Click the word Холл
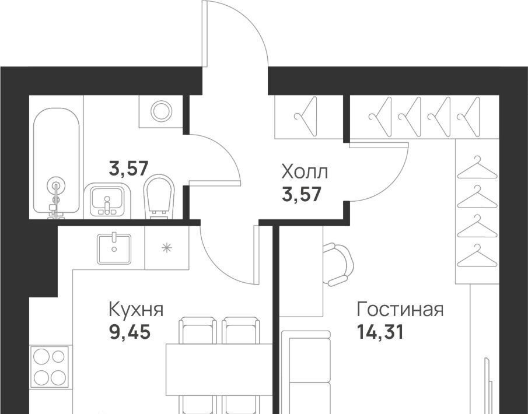pos(305,172)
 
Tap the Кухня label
pos(136,309)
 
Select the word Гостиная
pos(400,309)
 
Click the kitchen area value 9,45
pos(130,332)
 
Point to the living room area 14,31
pos(380,332)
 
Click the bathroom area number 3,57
pos(128,169)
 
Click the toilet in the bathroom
pos(159,197)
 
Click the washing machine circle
pos(162,111)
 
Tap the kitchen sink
pos(114,249)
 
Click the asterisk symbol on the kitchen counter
pos(167,248)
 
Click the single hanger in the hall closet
pos(306,117)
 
